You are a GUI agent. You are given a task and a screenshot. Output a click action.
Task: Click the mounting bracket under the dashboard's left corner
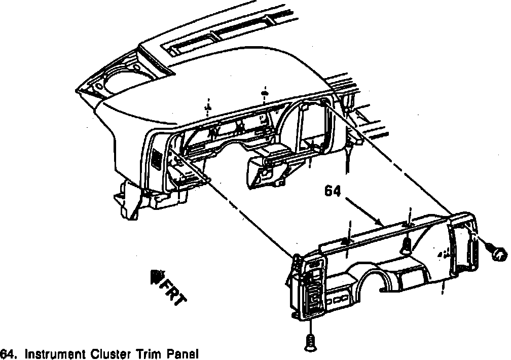(130, 200)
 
